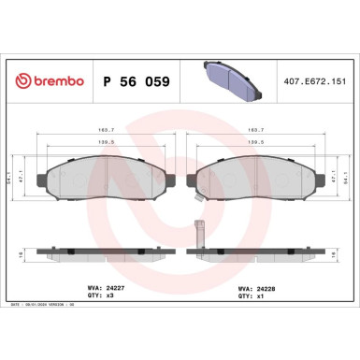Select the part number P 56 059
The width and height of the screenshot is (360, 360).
tap(137, 80)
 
